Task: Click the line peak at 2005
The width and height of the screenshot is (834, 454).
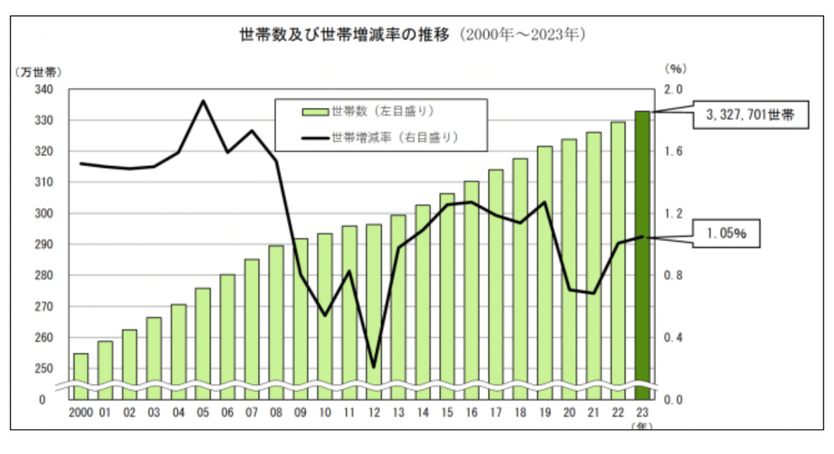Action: click(x=203, y=101)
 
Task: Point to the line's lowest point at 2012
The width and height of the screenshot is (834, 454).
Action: click(x=374, y=367)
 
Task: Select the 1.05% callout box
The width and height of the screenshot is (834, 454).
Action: click(x=727, y=234)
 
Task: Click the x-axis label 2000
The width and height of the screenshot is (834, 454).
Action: click(x=81, y=413)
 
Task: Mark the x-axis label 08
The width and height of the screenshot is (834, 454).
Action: click(x=276, y=413)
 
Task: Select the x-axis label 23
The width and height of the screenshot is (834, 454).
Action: click(x=643, y=413)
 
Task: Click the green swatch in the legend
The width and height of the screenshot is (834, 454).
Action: click(x=314, y=111)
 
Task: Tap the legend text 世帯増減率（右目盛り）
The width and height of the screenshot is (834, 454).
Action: click(x=395, y=138)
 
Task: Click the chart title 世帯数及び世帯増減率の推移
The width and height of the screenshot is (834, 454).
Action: click(x=343, y=36)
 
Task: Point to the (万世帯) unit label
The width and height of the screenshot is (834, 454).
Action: click(x=38, y=72)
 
